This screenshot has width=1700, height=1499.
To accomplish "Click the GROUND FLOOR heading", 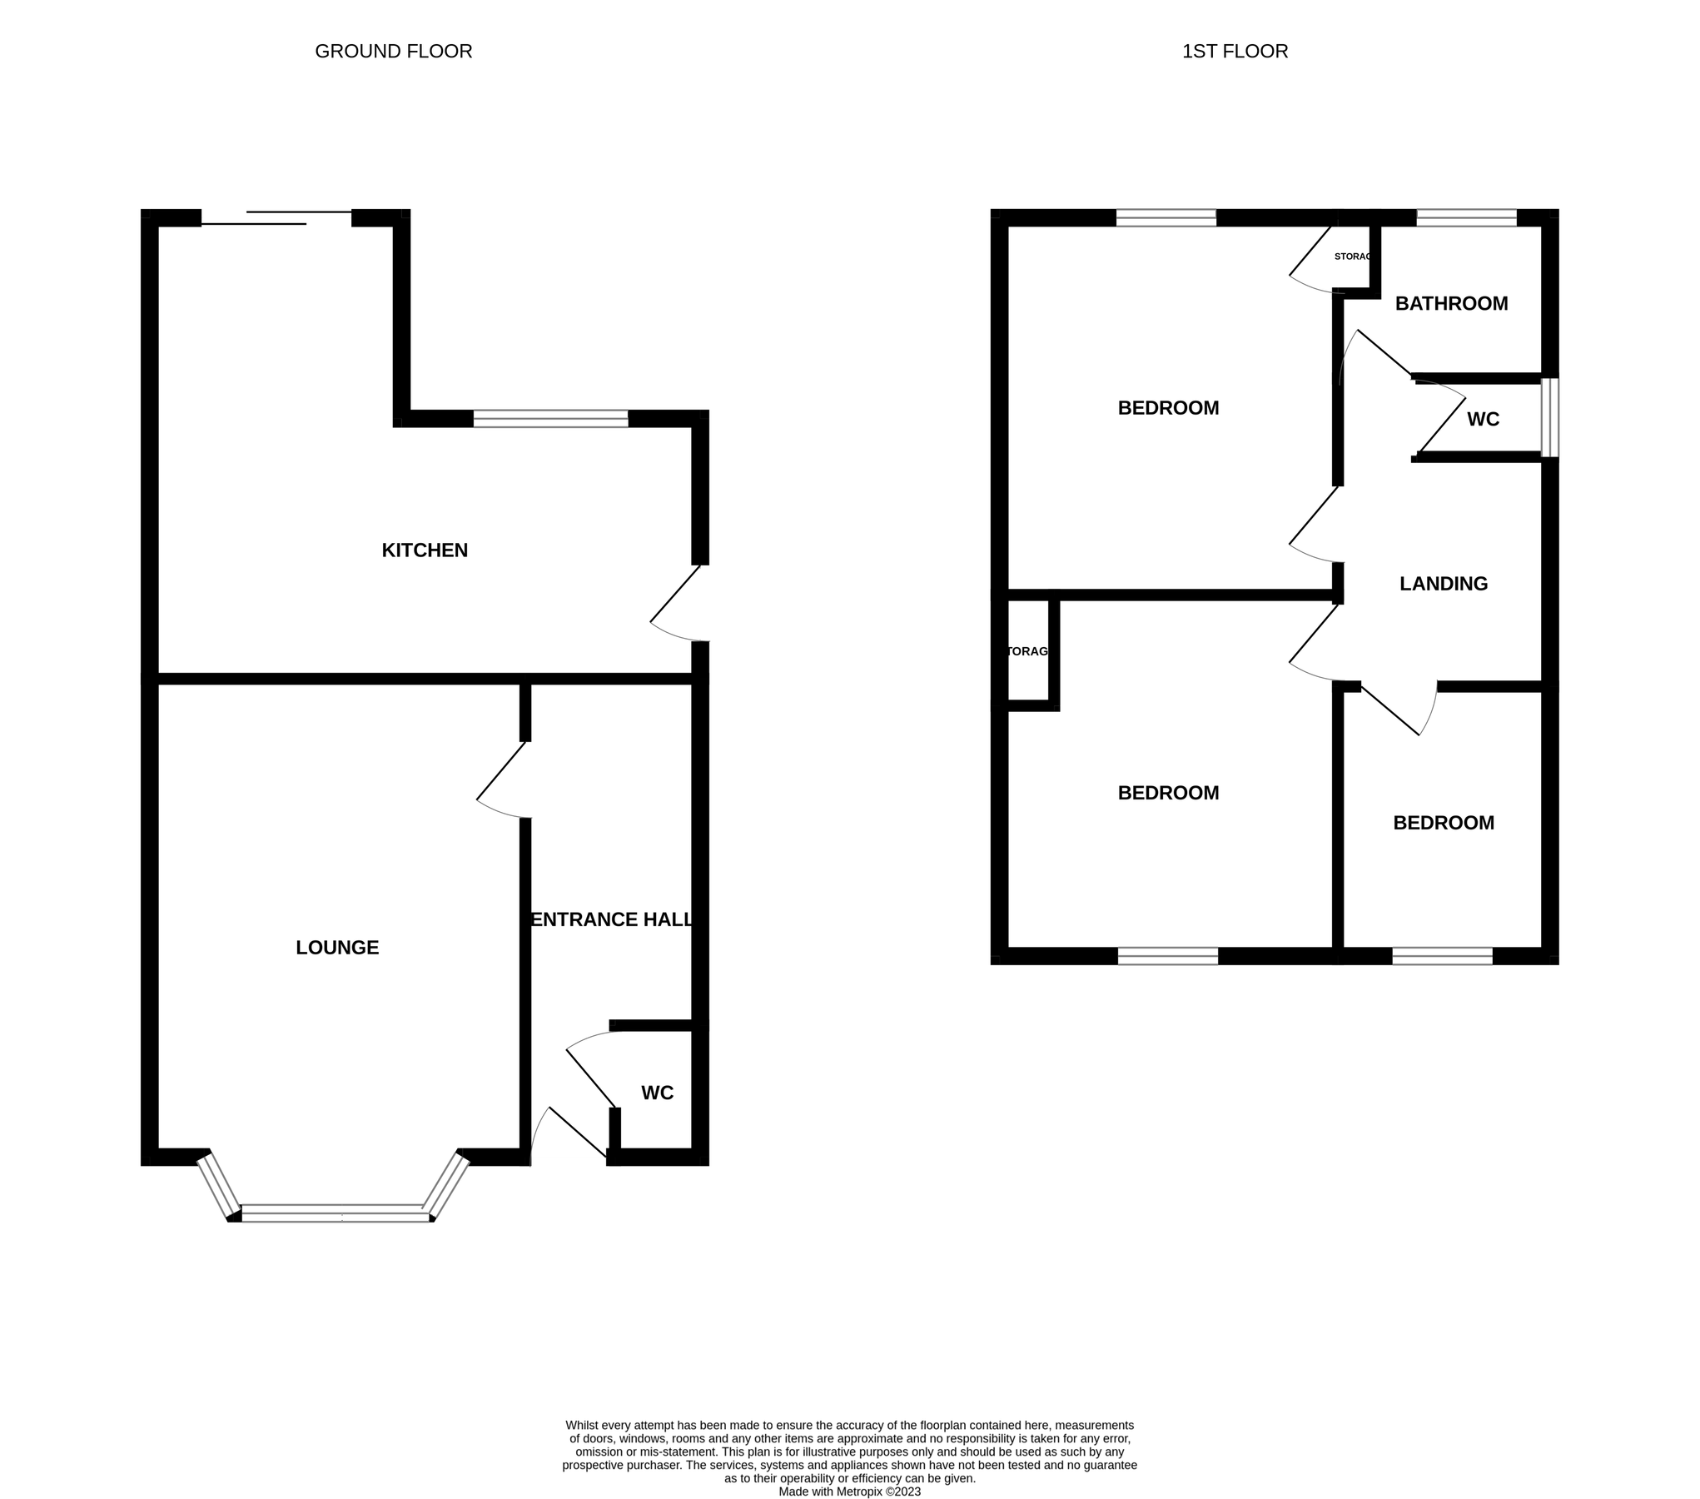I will coord(393,52).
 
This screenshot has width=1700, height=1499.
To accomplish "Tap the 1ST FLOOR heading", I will coord(1235,52).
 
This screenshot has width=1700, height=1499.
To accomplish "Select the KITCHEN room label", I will coord(425,550).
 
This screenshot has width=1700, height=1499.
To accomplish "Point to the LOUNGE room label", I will coord(337,948).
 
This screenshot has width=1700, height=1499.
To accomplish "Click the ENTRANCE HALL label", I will coord(612,919).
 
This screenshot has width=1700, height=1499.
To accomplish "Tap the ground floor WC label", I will coord(657,1093).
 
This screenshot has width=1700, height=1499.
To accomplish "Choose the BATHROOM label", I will coord(1451,304).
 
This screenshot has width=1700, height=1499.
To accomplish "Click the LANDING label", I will coord(1443,584).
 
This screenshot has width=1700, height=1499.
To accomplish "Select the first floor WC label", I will coord(1483,419).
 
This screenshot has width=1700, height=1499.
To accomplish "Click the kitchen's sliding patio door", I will coord(276,218).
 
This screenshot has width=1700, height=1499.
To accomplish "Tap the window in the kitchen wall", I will coord(550,419).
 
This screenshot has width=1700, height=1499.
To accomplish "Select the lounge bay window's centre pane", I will coord(336,1213).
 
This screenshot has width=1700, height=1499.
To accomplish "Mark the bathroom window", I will coord(1466,218).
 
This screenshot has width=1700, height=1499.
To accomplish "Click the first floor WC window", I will coord(1549,418).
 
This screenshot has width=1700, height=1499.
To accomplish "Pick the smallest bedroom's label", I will coord(1443,823).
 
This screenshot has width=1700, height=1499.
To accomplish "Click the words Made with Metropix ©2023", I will coord(849,1492).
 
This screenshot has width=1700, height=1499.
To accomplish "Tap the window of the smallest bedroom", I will coord(1442,956).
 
